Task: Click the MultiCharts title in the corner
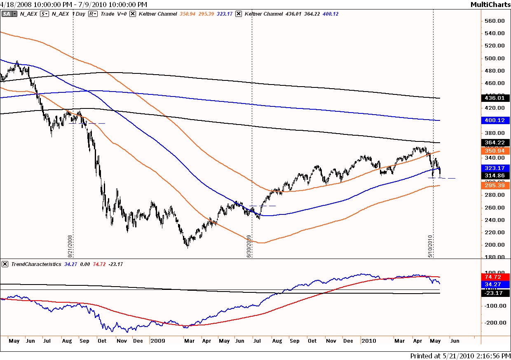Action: [490, 5]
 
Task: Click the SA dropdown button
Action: [9, 14]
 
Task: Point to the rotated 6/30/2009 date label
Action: [249, 246]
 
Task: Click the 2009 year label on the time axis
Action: [158, 341]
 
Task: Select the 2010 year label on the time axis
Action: [368, 341]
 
